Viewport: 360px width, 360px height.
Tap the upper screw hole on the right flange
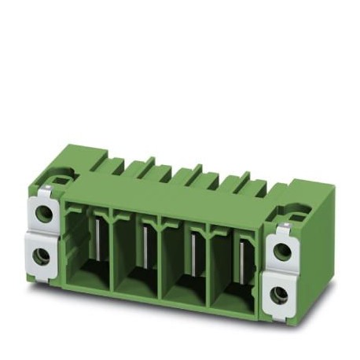pyautogui.click(x=281, y=251)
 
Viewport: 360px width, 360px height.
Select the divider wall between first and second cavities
pyautogui.click(x=113, y=252)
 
